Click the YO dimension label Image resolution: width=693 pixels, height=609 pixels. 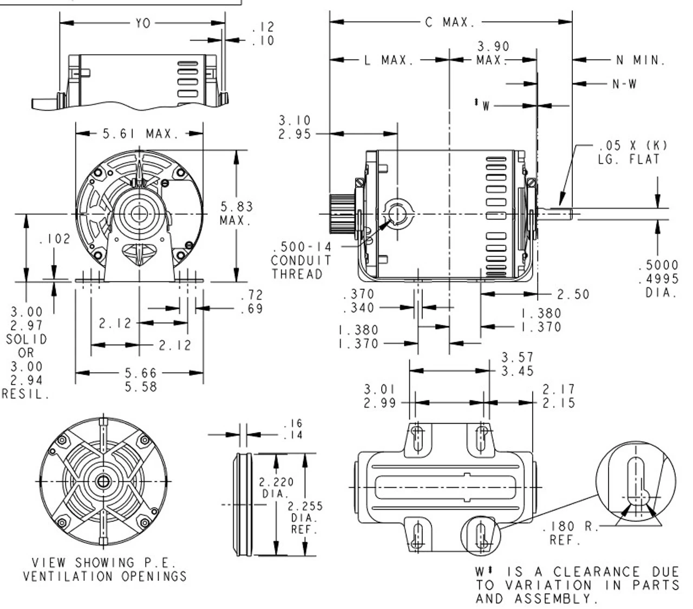(x=143, y=23)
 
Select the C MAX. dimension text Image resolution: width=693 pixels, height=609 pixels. (x=450, y=23)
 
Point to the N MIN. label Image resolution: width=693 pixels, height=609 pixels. (x=640, y=60)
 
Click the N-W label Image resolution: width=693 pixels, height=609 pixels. (x=624, y=84)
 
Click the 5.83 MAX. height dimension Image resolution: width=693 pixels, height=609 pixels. (x=236, y=213)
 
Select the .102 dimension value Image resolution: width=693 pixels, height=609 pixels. (x=54, y=239)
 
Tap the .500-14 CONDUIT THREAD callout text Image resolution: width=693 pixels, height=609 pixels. (x=300, y=261)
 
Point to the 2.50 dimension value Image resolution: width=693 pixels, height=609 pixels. (x=573, y=294)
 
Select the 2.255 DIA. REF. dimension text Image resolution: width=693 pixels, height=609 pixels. (x=305, y=517)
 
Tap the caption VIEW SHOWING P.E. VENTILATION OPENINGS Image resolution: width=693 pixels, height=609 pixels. (x=104, y=569)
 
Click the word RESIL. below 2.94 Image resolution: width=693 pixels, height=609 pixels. (x=26, y=394)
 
